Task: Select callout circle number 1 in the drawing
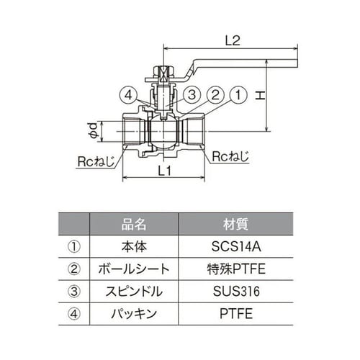click(238, 95)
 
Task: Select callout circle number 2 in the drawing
click(215, 95)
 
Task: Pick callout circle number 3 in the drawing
click(191, 95)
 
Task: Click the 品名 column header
click(134, 224)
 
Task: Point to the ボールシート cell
click(134, 269)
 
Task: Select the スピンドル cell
click(134, 292)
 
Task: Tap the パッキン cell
click(134, 315)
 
